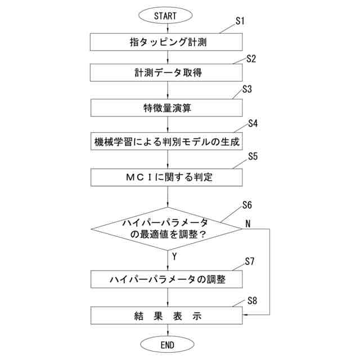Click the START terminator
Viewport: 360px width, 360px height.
(168, 16)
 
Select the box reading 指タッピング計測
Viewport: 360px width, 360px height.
(168, 41)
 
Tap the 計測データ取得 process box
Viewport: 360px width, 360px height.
(168, 73)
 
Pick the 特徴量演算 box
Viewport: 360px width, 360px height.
(168, 107)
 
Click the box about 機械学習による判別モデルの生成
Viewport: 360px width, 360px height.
(168, 142)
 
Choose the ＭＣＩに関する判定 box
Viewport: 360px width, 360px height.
(168, 177)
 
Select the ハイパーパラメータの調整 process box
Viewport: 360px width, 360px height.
(168, 279)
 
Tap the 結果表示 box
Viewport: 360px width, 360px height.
(168, 315)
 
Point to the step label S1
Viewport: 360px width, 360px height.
(241, 21)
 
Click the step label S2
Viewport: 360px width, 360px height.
(252, 58)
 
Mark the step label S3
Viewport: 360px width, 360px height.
(247, 89)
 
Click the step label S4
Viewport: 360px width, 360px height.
(253, 124)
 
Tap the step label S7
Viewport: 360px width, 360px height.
(251, 262)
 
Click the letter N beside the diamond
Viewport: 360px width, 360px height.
(247, 223)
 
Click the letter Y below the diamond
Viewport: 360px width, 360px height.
(174, 256)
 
